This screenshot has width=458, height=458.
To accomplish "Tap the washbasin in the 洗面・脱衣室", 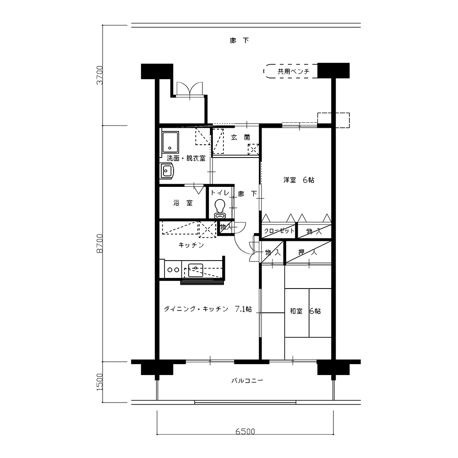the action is (x=167, y=170).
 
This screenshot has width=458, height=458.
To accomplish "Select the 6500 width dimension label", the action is (x=245, y=431).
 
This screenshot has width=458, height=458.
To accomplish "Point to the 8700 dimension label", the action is (x=100, y=243).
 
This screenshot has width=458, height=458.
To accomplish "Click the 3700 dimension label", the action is (x=100, y=75).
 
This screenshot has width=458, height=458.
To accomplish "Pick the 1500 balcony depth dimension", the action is (x=100, y=382).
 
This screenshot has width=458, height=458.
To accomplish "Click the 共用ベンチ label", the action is (x=293, y=71).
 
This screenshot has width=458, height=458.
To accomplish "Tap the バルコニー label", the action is (x=247, y=381).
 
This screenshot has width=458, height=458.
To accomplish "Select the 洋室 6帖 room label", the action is (x=299, y=180).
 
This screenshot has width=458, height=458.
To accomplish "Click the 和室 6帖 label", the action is (x=305, y=311).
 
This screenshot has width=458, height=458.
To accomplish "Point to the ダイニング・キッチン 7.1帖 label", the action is (x=207, y=309).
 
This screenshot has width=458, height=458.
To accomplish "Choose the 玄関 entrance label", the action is (x=240, y=137).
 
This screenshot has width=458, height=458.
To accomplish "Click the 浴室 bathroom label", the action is (x=183, y=203).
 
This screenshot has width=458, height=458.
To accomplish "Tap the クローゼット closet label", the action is (x=279, y=231).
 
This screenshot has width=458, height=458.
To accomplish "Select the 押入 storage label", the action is (x=307, y=252).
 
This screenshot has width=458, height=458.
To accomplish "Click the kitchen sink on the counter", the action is (x=196, y=270).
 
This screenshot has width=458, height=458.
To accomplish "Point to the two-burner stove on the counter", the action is (x=173, y=270).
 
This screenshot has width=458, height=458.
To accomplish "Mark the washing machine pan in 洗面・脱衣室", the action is (x=170, y=142).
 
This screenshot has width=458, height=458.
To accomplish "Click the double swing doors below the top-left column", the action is (x=190, y=89).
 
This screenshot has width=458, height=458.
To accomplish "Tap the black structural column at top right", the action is (x=333, y=71).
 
